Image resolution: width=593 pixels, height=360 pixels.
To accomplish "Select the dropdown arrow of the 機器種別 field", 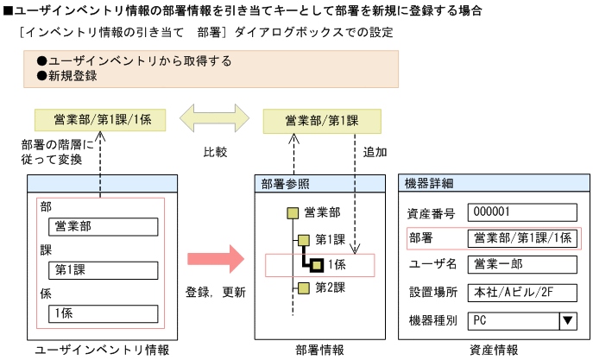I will tap(568, 320).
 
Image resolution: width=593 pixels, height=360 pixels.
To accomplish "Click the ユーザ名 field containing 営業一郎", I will tap(521, 264).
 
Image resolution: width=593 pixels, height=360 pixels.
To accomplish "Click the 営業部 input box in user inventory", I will tap(104, 227).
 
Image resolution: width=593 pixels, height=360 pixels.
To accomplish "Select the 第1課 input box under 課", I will tap(104, 270).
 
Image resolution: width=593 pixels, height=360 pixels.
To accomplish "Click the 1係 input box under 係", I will tap(104, 313).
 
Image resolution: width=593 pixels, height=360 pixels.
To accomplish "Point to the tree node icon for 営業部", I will tap(293, 212).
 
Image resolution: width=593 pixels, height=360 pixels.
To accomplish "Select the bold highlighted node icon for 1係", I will tap(317, 264).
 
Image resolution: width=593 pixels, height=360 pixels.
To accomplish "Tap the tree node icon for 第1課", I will tap(304, 239).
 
